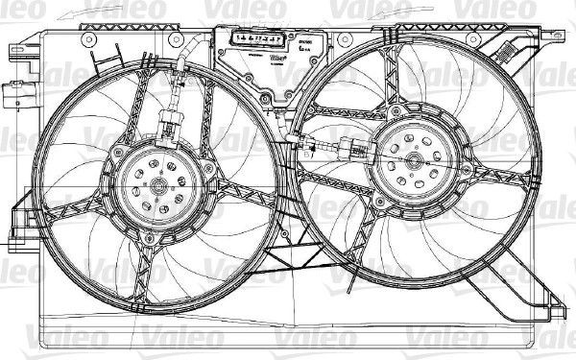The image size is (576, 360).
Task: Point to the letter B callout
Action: tap(306, 152)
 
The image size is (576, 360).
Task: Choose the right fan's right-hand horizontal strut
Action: tap(499, 178)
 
